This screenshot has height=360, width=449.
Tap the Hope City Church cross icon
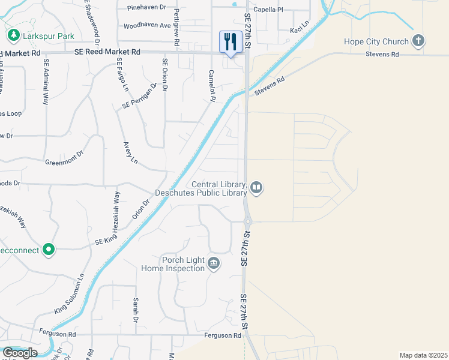(x=419, y=41)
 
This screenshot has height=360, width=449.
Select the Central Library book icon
(x=256, y=188)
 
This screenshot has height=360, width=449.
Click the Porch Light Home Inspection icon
(x=214, y=263)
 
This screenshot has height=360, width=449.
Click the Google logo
(x=19, y=353)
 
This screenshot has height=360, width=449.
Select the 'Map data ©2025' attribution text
(x=424, y=355)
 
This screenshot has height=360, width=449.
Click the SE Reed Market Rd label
(x=107, y=53)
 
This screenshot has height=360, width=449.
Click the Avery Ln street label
(x=130, y=152)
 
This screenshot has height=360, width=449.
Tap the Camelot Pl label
(x=208, y=86)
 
